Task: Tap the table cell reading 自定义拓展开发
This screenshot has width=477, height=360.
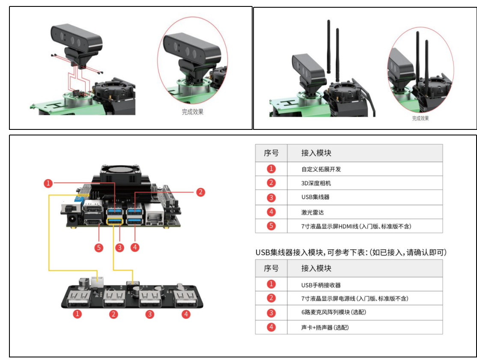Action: click(321, 169)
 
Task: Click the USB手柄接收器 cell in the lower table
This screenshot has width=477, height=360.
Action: click(321, 285)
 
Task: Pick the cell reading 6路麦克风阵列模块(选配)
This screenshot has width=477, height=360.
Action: click(334, 312)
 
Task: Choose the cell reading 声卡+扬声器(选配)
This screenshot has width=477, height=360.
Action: click(325, 327)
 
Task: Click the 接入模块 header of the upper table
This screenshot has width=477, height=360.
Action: click(316, 153)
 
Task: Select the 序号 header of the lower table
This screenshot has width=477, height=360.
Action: click(271, 268)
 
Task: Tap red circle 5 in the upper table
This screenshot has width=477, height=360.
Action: click(271, 225)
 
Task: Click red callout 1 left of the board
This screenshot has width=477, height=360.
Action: click(48, 183)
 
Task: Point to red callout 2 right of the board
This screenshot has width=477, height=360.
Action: click(200, 192)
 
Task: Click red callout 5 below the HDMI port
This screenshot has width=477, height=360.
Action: click(99, 248)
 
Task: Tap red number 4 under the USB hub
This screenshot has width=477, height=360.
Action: click(186, 314)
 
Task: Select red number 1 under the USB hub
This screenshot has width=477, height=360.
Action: click(78, 314)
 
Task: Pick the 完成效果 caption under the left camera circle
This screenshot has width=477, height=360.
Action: click(193, 112)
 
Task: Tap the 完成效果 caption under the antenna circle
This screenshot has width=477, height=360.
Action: click(420, 118)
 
